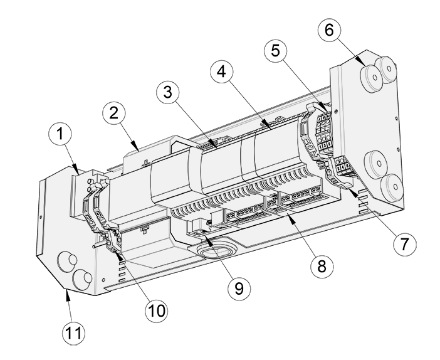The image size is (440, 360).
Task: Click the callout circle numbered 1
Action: pos(60,134)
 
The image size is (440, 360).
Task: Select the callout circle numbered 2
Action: pos(113,114)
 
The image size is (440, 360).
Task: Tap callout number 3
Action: pos(168,92)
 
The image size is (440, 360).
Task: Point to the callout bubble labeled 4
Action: pos(222,72)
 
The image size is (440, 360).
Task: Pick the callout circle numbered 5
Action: pos(276,51)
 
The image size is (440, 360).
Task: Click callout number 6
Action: pos(330,29)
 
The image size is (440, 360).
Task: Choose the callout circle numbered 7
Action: pos(404,245)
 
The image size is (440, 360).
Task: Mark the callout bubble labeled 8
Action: pos(322,266)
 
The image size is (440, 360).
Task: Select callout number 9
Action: pos(239,289)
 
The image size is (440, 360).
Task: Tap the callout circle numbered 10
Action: pos(156,311)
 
